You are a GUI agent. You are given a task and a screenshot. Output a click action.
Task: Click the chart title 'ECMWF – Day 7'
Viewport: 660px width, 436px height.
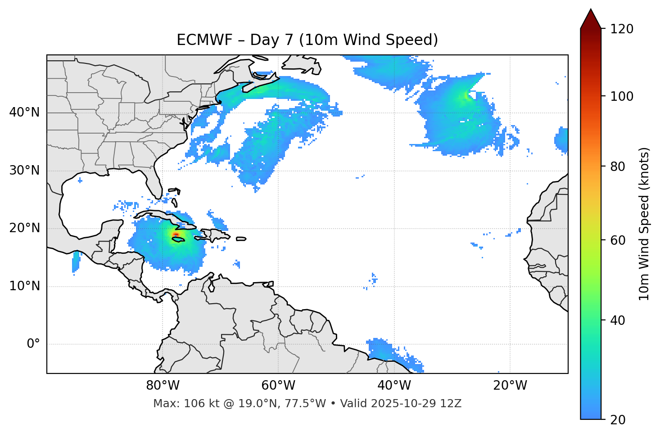coord(307,40)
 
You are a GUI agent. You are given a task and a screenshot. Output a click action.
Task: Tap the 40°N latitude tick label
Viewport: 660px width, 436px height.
coord(25,112)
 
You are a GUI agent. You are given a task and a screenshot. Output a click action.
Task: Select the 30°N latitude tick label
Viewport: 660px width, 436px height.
coord(25,171)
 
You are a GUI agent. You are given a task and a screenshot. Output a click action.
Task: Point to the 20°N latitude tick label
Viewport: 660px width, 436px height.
coord(25,228)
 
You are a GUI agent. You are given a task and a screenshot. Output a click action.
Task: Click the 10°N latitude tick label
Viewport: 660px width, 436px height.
coord(25,286)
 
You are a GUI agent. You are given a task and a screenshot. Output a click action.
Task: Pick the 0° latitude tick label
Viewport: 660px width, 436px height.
coord(33,344)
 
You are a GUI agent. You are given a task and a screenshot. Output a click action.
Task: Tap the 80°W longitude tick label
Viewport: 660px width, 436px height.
coord(163,386)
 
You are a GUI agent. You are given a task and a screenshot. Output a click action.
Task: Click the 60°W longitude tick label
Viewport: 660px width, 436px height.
coord(278,386)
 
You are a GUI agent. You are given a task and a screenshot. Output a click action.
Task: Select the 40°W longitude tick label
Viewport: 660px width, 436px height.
coord(394,386)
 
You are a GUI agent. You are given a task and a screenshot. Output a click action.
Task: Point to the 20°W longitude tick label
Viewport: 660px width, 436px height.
coord(510,386)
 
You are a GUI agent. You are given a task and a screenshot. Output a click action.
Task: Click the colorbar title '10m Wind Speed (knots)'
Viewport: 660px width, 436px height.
coord(644,224)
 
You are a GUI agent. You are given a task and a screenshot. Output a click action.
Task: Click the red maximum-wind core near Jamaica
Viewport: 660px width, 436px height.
coord(176,234)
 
